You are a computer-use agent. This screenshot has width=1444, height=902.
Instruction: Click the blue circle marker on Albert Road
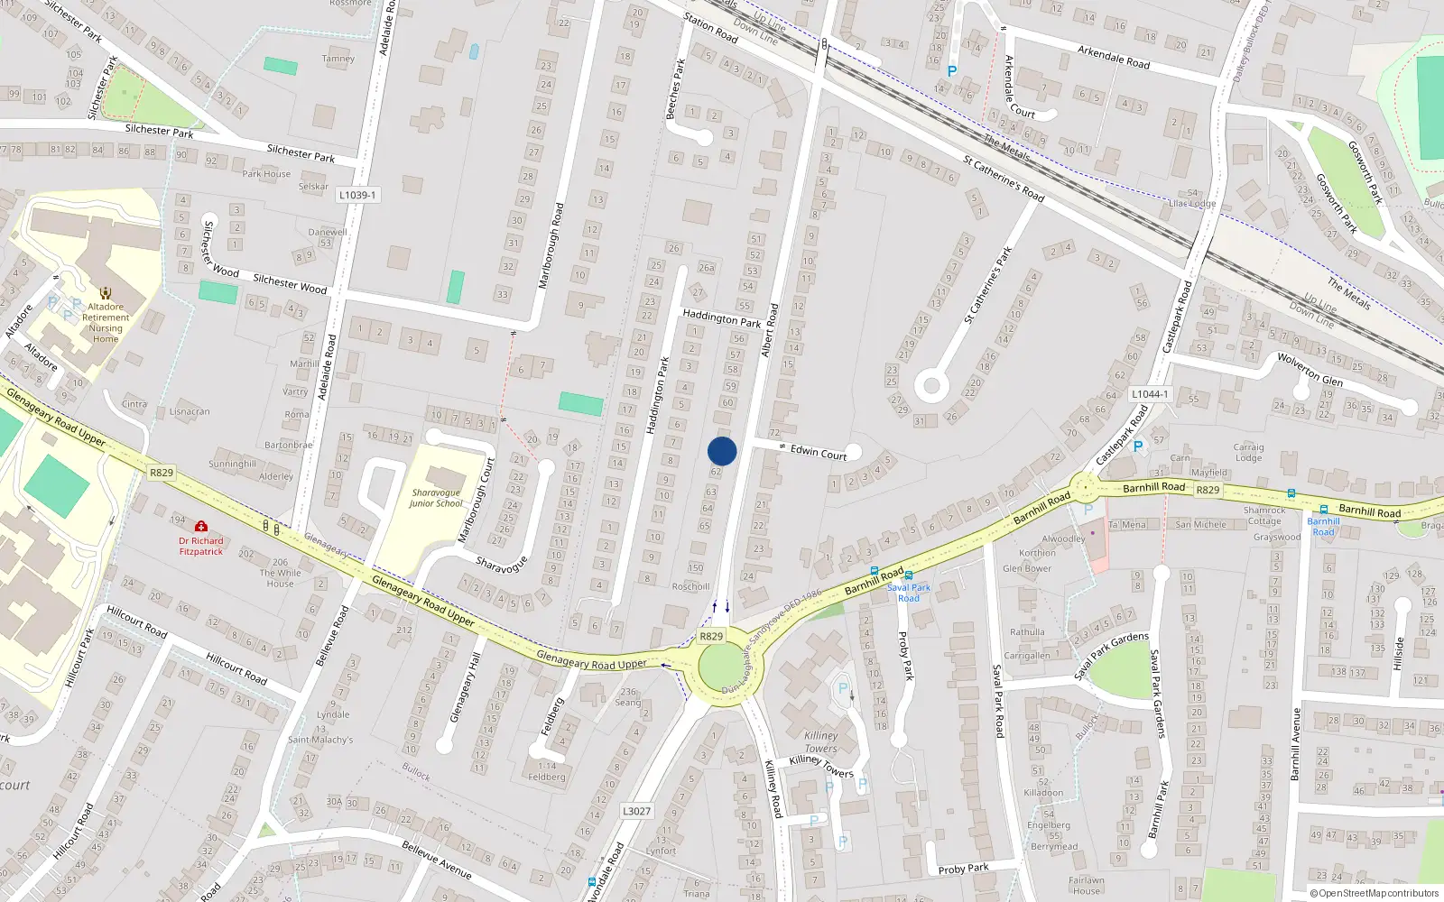(722, 451)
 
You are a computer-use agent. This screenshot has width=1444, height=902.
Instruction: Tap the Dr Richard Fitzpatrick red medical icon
(201, 526)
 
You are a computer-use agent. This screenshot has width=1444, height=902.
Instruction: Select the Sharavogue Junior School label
(436, 498)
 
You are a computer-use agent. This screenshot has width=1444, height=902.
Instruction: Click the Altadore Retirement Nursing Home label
(106, 323)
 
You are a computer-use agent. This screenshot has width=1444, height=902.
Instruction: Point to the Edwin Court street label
(819, 452)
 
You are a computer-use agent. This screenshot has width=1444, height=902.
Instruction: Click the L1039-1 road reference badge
(357, 195)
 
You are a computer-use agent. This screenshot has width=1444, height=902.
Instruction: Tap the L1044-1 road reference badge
(1150, 394)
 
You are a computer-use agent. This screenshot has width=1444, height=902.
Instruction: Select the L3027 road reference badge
(636, 811)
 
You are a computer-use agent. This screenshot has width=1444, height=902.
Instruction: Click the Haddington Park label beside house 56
(722, 318)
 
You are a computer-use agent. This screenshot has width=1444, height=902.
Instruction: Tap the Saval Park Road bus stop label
(908, 593)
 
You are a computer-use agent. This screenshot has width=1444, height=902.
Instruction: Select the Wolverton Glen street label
(1310, 369)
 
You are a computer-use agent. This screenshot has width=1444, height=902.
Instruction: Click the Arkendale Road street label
(1114, 57)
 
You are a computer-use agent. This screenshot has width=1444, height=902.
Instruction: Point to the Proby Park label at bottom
(963, 869)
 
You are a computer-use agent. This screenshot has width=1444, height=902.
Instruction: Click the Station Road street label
(710, 27)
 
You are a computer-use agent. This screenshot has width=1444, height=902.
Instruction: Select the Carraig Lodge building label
(1249, 452)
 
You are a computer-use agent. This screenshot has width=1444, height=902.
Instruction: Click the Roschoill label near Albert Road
(690, 586)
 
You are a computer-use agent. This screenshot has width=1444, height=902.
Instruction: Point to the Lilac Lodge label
(1192, 203)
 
